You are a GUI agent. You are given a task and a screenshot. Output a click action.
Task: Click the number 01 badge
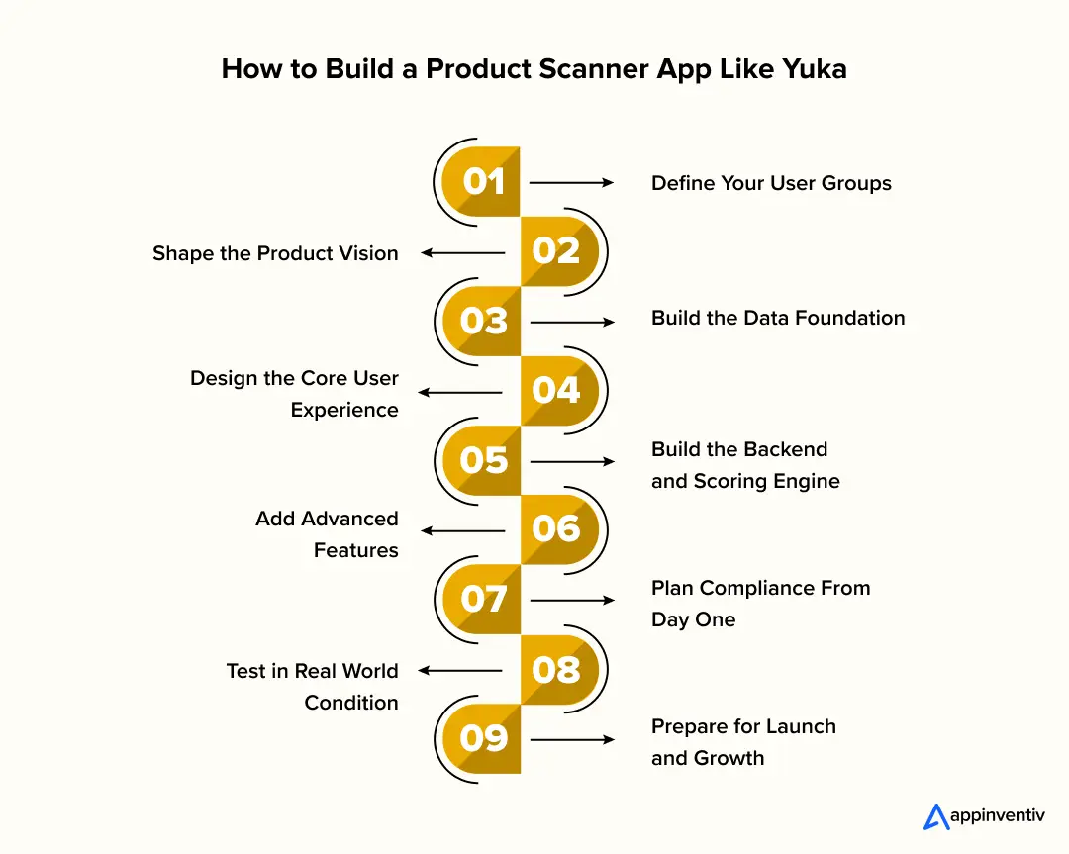(x=483, y=182)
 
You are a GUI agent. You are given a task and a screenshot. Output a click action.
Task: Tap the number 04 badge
(x=556, y=391)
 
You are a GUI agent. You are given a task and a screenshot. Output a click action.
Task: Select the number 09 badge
(x=483, y=738)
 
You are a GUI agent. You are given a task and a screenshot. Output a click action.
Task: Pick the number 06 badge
(x=556, y=529)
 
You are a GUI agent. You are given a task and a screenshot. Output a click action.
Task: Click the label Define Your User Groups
(x=771, y=183)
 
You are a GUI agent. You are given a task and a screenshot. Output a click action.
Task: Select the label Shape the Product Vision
(x=275, y=253)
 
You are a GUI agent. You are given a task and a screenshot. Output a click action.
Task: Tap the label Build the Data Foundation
(x=778, y=318)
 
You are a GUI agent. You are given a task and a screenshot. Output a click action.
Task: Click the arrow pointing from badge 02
(x=462, y=253)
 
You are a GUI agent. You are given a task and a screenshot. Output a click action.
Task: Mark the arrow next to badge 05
(x=572, y=462)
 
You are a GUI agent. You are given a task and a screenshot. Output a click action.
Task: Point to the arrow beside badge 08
(x=460, y=671)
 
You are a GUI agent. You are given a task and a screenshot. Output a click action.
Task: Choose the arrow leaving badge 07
(x=572, y=601)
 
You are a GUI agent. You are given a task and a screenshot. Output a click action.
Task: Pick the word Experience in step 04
(x=344, y=410)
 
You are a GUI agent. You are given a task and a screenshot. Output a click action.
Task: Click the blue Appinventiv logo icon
(x=935, y=816)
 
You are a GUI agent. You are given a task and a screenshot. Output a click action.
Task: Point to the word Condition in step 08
(x=351, y=703)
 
